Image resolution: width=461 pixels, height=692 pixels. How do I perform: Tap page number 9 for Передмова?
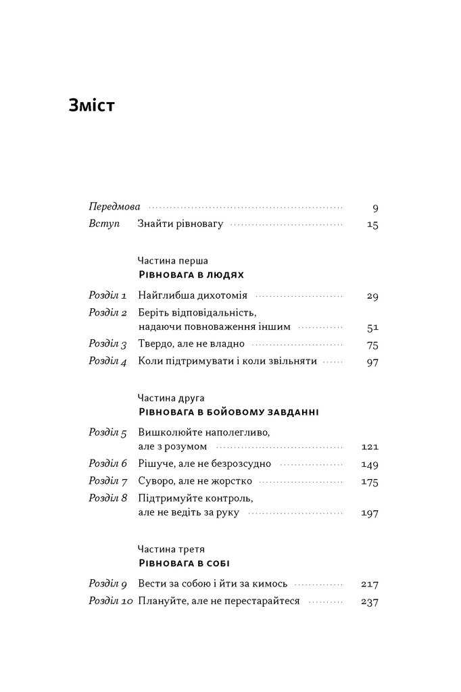point(375,208)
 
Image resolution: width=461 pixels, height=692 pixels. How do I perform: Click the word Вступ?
point(103,224)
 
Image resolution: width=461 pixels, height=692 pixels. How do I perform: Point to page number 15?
point(372,225)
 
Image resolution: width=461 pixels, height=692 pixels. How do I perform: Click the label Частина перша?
point(173,260)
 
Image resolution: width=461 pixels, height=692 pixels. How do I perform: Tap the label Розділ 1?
point(108,295)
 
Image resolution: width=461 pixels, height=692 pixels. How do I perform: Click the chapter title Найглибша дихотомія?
point(193,295)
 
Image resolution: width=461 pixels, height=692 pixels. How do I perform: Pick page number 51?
point(372,328)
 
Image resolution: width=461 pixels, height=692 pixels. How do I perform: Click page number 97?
point(372,362)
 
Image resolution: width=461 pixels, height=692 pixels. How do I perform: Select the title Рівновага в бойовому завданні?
point(219,412)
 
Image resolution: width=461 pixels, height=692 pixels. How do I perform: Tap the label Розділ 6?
point(108,464)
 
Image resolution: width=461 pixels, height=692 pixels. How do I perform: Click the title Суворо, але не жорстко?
point(195,481)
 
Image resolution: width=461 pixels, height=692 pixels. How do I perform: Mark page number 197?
point(370,514)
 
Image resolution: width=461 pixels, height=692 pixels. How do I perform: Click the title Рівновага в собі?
point(180,564)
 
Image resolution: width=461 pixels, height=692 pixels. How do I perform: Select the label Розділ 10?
point(111,601)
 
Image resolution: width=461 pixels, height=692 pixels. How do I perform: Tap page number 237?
point(370,602)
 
